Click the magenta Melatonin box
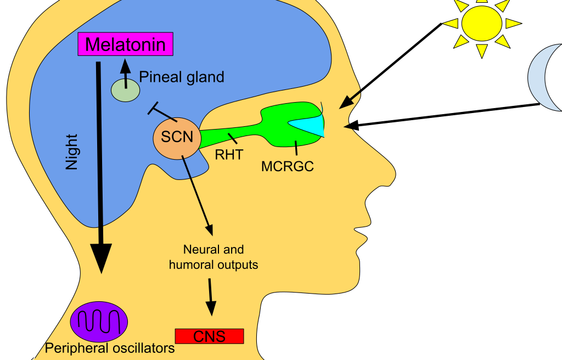click(x=125, y=44)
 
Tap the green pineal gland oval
click(x=126, y=91)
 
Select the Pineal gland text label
click(x=182, y=77)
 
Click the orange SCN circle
click(x=177, y=137)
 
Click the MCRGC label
click(x=287, y=166)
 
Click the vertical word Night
click(x=72, y=152)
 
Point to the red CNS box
click(x=209, y=336)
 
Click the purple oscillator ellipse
click(x=99, y=322)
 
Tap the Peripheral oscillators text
click(x=110, y=348)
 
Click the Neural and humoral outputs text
click(x=213, y=257)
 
